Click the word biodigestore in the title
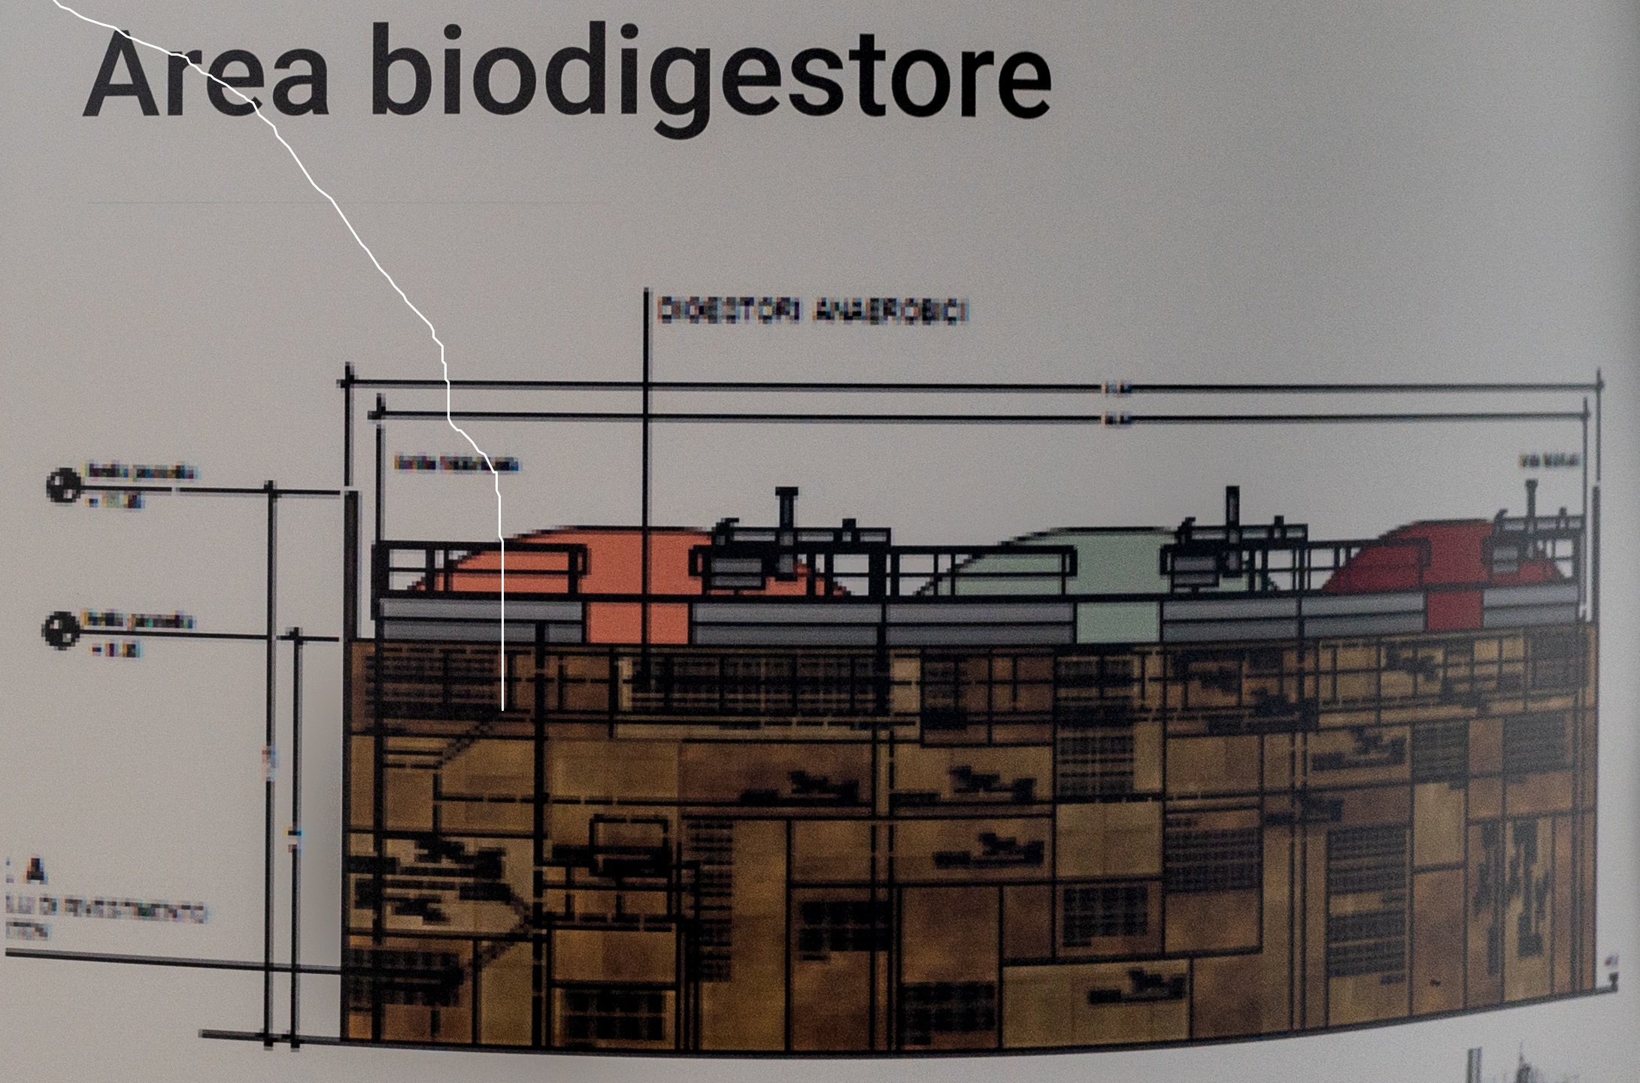pos(710,79)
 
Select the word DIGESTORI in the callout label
pos(729,310)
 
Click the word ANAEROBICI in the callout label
pos(890,311)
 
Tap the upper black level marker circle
pos(64,485)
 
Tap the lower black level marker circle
pos(60,630)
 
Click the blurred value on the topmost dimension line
pos(1116,388)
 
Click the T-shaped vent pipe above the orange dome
pos(787,511)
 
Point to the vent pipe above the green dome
pos(1232,511)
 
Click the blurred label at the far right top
pos(1549,460)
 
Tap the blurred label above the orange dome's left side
pos(455,462)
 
